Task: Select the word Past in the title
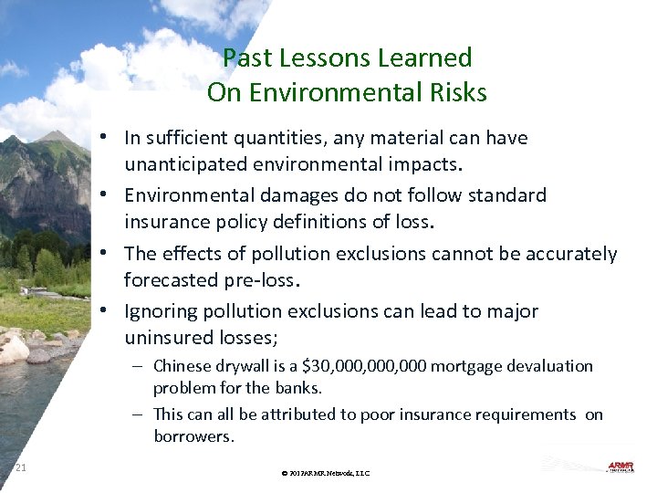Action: click(247, 58)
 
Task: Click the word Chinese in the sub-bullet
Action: click(182, 366)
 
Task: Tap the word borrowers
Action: click(193, 436)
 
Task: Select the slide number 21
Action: click(21, 468)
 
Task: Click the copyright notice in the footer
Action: click(326, 473)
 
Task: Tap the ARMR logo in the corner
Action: click(621, 467)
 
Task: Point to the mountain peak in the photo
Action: click(57, 136)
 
